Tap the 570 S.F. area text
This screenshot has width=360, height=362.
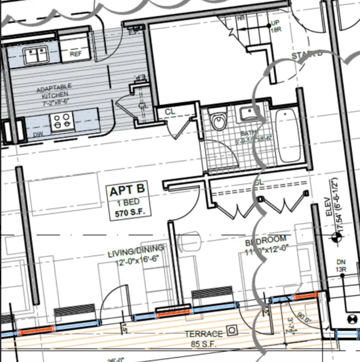[127, 213]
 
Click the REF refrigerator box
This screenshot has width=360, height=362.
[76, 54]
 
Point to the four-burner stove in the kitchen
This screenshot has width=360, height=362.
[62, 121]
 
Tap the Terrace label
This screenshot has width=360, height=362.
[203, 334]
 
